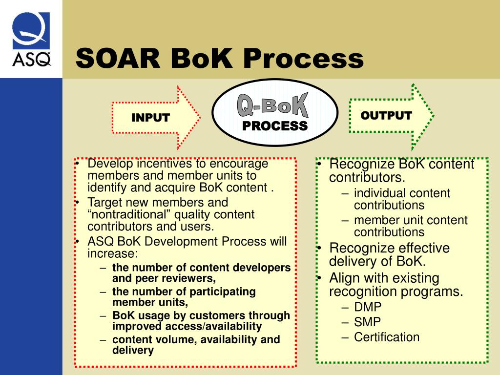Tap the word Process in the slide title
[303, 59]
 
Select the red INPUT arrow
[155, 118]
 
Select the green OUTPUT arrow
[391, 116]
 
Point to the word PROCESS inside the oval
[275, 126]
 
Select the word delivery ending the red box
[133, 350]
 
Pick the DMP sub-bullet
[368, 307]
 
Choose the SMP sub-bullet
[367, 322]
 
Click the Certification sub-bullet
[387, 337]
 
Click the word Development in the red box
[188, 242]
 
